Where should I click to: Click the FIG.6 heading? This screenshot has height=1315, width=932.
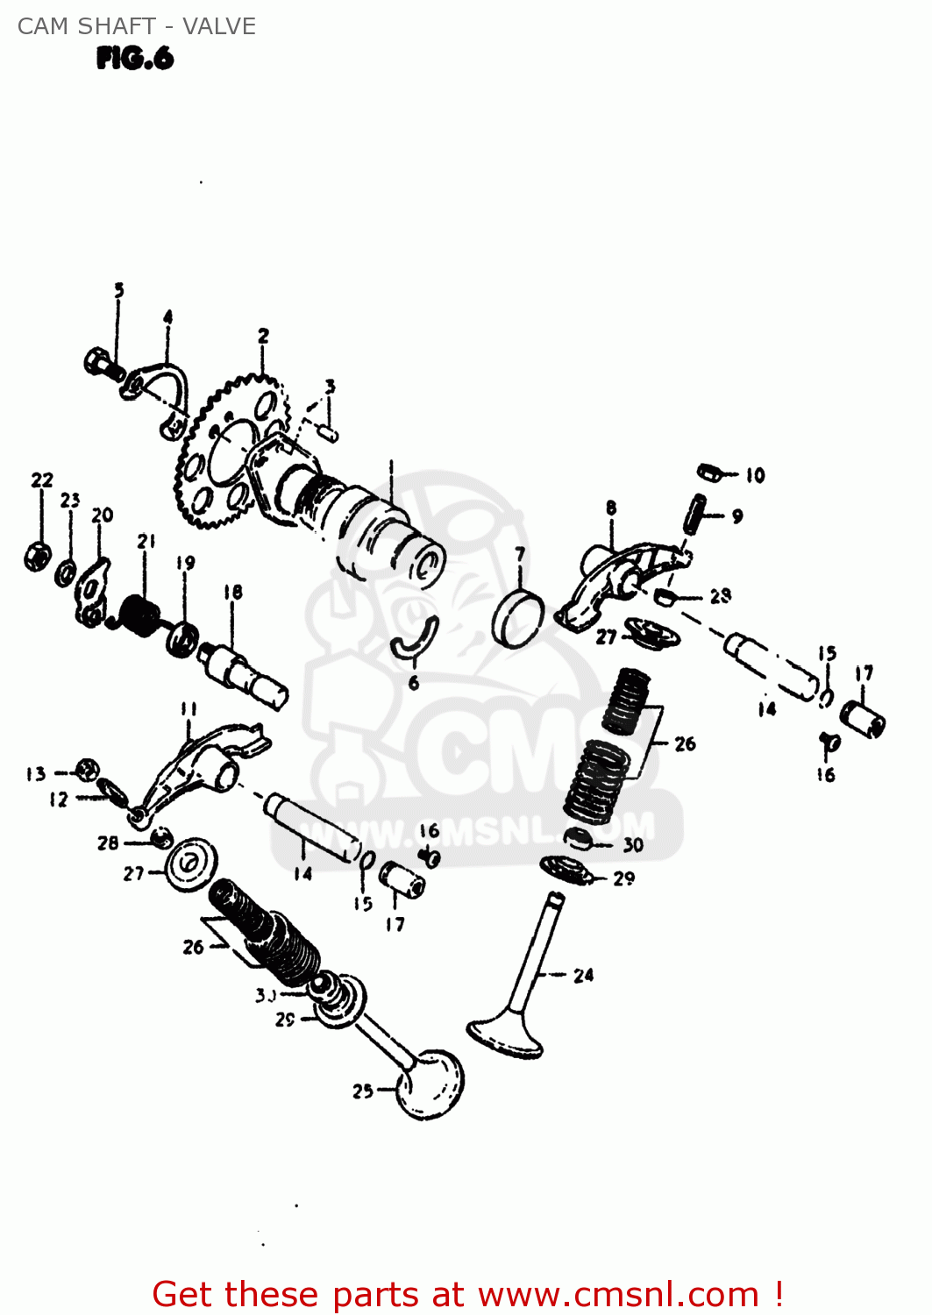[135, 59]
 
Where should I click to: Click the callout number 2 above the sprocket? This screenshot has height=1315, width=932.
[263, 336]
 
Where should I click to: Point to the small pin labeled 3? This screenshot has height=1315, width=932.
[328, 431]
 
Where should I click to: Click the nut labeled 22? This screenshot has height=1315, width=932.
[37, 557]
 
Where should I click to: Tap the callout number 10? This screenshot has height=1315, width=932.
[755, 475]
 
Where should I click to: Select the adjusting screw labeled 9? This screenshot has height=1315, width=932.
[695, 513]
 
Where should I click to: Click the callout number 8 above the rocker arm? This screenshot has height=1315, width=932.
[611, 508]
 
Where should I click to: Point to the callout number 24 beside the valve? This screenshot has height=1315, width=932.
[583, 975]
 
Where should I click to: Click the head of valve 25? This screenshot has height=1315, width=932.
[430, 1084]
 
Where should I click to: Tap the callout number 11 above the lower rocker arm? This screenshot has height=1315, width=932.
[189, 708]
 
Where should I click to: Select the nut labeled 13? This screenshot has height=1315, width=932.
[86, 771]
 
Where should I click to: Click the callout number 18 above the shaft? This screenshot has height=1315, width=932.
[232, 593]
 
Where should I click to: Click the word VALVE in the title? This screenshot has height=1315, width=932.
[219, 26]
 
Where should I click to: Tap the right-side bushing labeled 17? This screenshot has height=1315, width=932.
[863, 720]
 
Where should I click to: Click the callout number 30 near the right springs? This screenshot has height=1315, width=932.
[633, 844]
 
